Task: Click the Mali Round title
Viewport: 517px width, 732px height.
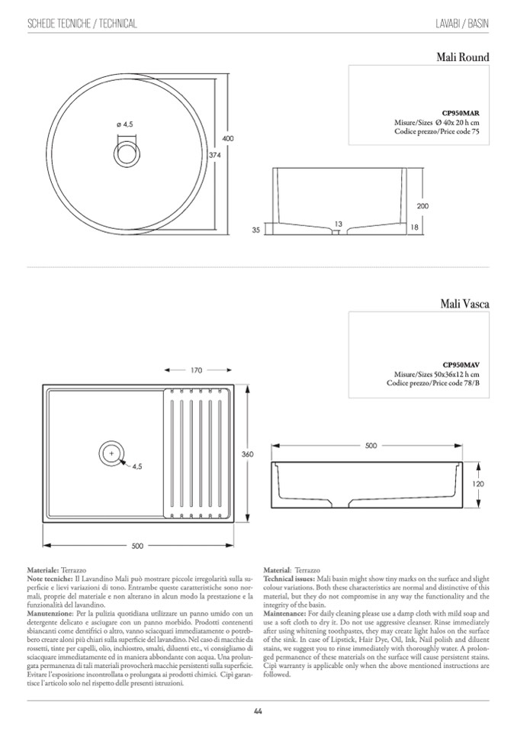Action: coord(463,56)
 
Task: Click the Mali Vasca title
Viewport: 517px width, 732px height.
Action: coord(464,304)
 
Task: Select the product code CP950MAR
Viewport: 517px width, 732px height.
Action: coord(461,112)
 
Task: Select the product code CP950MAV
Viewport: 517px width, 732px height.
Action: coord(461,364)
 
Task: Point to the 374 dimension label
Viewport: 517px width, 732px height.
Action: coord(214,154)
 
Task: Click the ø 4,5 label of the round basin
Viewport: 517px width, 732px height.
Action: coord(124,124)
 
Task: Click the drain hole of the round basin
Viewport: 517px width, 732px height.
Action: coord(127,151)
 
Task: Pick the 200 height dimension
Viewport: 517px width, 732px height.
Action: coord(423,207)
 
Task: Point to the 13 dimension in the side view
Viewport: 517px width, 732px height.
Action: coord(338,224)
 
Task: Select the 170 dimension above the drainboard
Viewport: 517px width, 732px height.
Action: coord(196,370)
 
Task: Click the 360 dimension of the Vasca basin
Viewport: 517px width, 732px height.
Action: coord(247,454)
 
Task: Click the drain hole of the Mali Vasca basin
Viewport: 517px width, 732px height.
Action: coord(111,454)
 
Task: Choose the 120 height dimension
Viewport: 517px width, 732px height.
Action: coord(478,484)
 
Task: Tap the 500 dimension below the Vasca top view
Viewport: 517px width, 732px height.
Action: coord(137,546)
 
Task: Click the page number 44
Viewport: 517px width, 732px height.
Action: coord(258,711)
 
